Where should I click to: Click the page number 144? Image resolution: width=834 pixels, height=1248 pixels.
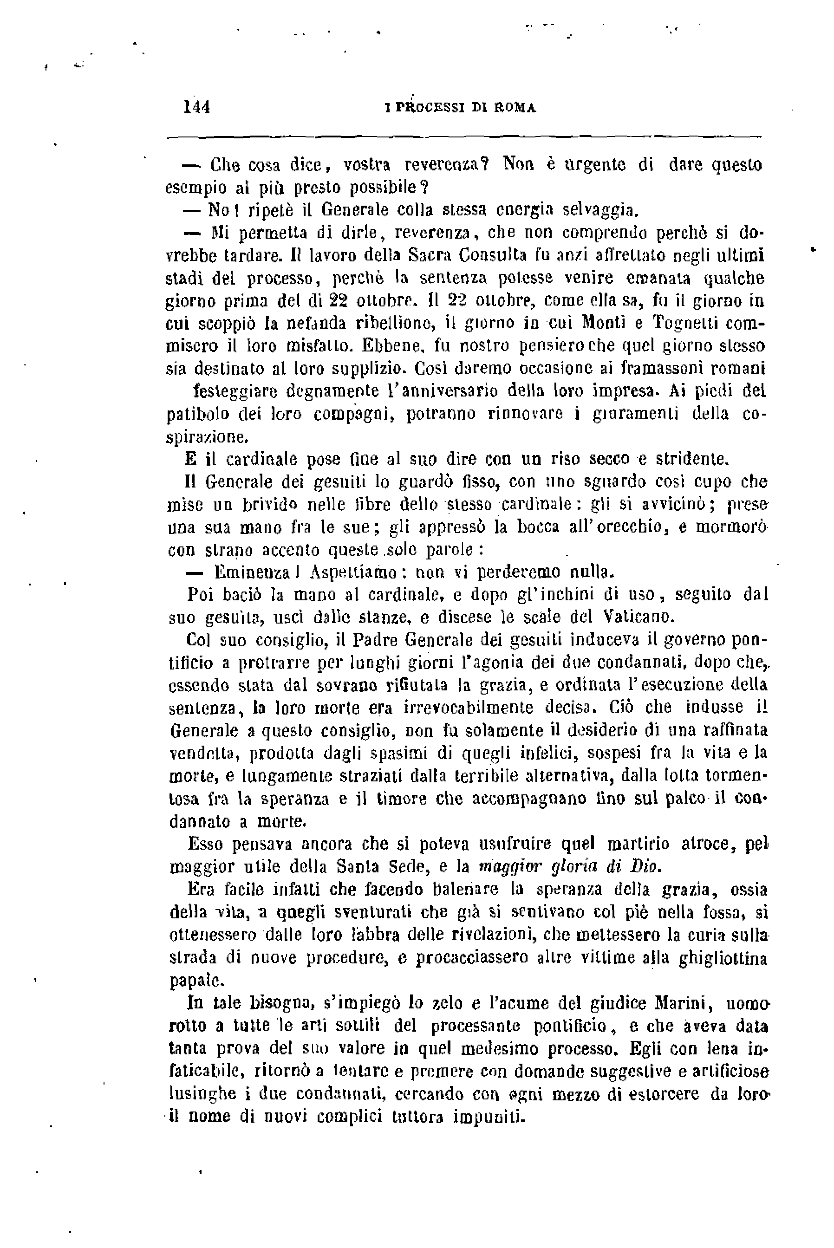click(x=197, y=107)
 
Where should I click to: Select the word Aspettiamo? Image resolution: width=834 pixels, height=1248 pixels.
click(x=352, y=572)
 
